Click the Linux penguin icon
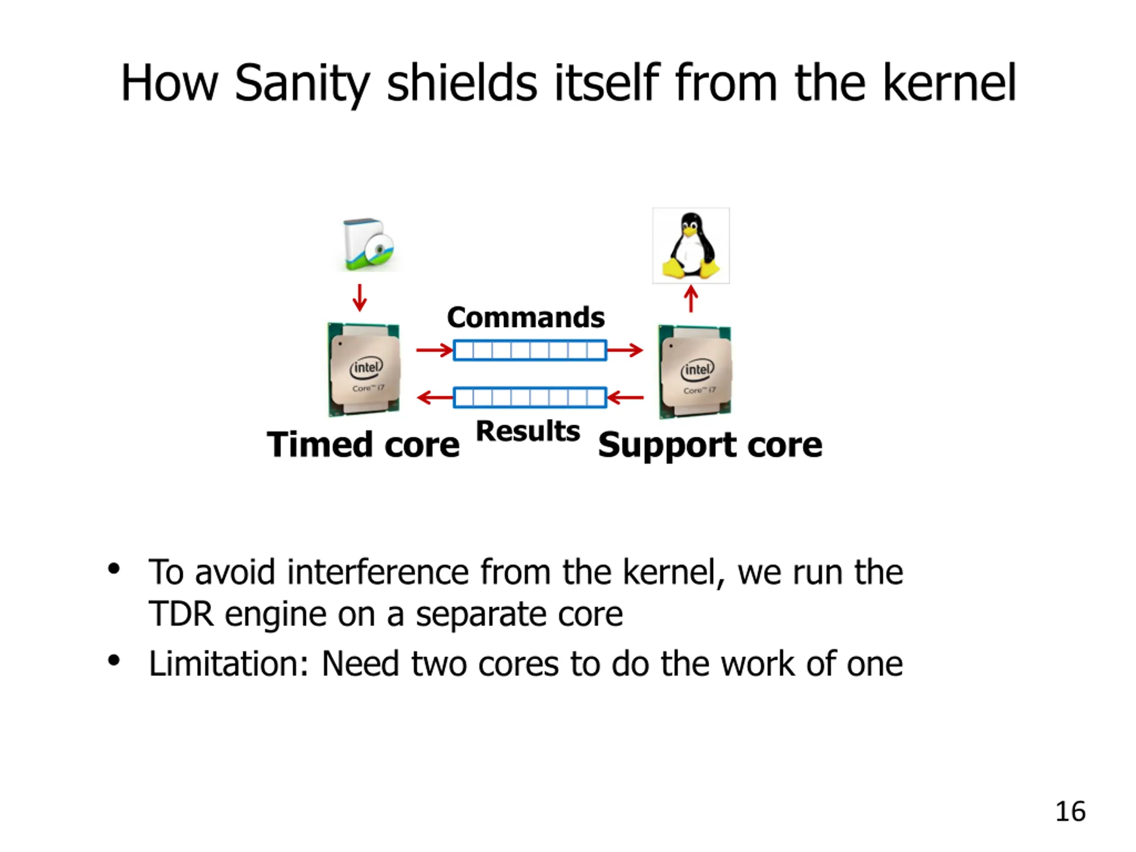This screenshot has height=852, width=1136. pos(691,245)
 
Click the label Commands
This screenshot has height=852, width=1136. pos(526,317)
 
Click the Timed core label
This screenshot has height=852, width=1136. pos(363,444)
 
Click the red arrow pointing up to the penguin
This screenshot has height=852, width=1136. pos(691,299)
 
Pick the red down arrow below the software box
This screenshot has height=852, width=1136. pos(360,298)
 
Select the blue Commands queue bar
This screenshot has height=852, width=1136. pos(530,350)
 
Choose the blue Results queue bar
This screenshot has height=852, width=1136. pos(530,398)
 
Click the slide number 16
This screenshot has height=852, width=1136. pos(1070,812)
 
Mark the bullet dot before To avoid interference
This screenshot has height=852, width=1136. pos(114,569)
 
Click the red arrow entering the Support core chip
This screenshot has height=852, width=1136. pos(625,350)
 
